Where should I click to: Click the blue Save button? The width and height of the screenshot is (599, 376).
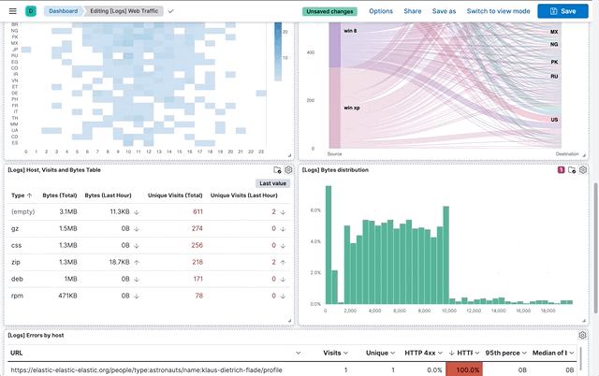pyautogui.click(x=562, y=11)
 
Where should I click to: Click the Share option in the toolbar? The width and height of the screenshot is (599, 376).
pyautogui.click(x=412, y=11)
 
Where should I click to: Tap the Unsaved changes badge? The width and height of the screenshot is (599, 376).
pyautogui.click(x=329, y=11)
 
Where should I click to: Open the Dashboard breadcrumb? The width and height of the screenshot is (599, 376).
pyautogui.click(x=65, y=11)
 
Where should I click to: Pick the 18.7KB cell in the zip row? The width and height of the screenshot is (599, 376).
pyautogui.click(x=119, y=262)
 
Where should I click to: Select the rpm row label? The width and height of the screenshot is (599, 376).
pyautogui.click(x=16, y=296)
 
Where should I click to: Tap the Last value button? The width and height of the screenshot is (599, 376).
pyautogui.click(x=273, y=183)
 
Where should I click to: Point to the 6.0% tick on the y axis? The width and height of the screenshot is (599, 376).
pyautogui.click(x=315, y=210)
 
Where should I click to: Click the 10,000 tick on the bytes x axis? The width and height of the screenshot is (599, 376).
pyautogui.click(x=447, y=311)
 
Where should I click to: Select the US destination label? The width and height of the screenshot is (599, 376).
pyautogui.click(x=554, y=120)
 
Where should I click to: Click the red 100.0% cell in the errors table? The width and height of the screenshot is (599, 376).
pyautogui.click(x=467, y=369)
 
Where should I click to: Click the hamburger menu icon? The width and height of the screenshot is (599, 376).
pyautogui.click(x=11, y=11)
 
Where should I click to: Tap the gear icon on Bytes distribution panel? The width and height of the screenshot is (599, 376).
pyautogui.click(x=583, y=170)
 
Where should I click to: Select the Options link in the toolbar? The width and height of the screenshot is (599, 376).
pyautogui.click(x=381, y=11)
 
